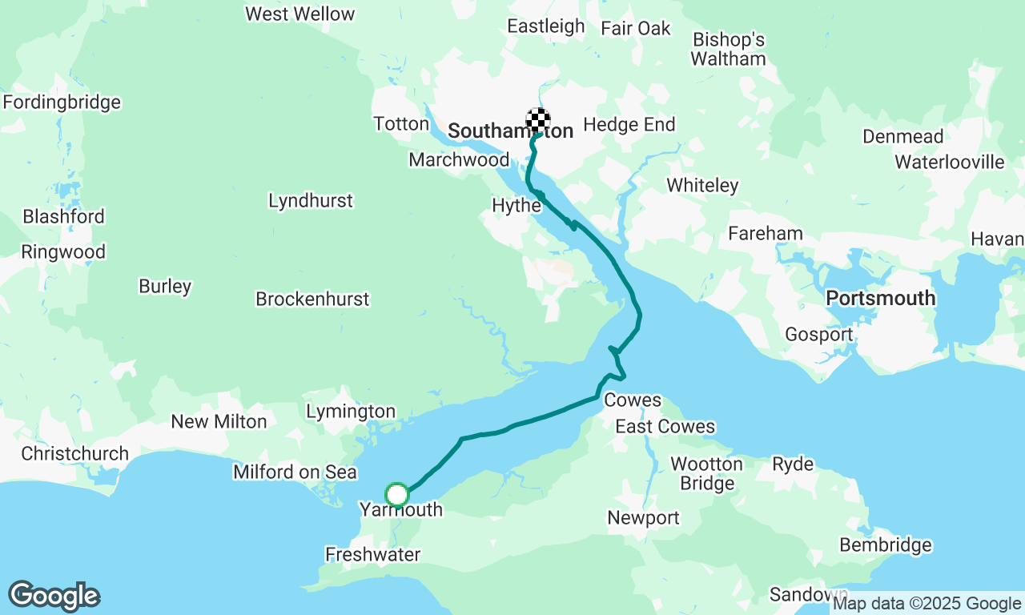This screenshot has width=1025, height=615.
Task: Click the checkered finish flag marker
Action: coord(538,120)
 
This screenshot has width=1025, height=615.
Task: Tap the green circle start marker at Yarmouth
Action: coord(397,495)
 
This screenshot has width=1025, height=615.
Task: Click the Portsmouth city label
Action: coord(880,298)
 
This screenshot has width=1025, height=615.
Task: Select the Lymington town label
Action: coord(351,412)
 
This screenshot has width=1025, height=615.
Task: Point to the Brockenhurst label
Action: coord(312,299)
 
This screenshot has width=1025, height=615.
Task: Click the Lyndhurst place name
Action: coord(311,200)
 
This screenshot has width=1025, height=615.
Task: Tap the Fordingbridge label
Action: coord(62,102)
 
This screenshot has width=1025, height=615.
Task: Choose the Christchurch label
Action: coord(74,453)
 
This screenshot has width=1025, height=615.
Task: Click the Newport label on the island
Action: coord(643,517)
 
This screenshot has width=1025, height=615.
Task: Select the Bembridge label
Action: coord(885,545)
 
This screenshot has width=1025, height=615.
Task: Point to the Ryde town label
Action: coord(793,464)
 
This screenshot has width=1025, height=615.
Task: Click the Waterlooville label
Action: coord(949,162)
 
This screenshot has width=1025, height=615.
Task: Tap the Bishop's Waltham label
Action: coord(728,49)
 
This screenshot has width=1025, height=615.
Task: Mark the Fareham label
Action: coord(765,233)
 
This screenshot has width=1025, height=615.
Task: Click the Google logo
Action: coord(54,596)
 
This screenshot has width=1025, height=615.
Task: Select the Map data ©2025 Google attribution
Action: coord(926,604)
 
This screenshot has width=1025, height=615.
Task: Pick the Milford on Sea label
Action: coord(295,472)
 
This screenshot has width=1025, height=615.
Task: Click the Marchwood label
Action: coord(458,159)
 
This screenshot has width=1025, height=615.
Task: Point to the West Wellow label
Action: coord(299,14)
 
